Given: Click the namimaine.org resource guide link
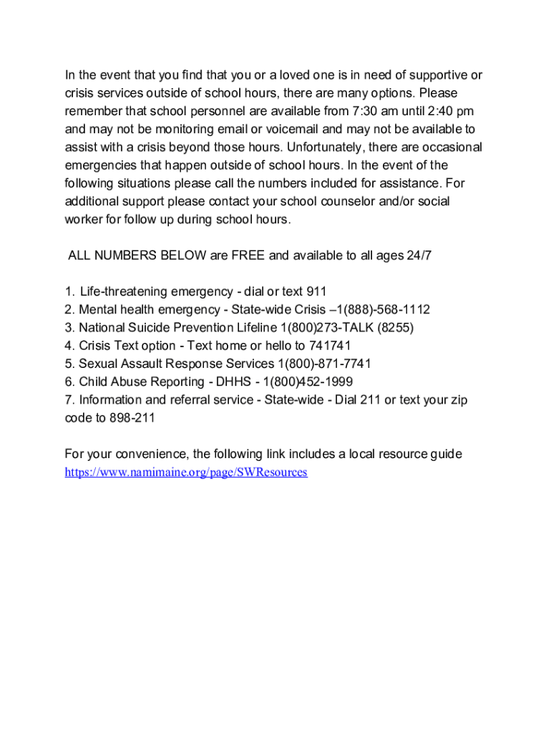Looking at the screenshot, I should click(185, 472).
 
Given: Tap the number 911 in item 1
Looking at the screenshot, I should click(316, 291).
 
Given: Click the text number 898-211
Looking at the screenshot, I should click(132, 418).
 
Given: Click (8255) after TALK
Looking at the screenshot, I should click(394, 328).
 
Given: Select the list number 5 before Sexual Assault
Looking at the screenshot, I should click(68, 364).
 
